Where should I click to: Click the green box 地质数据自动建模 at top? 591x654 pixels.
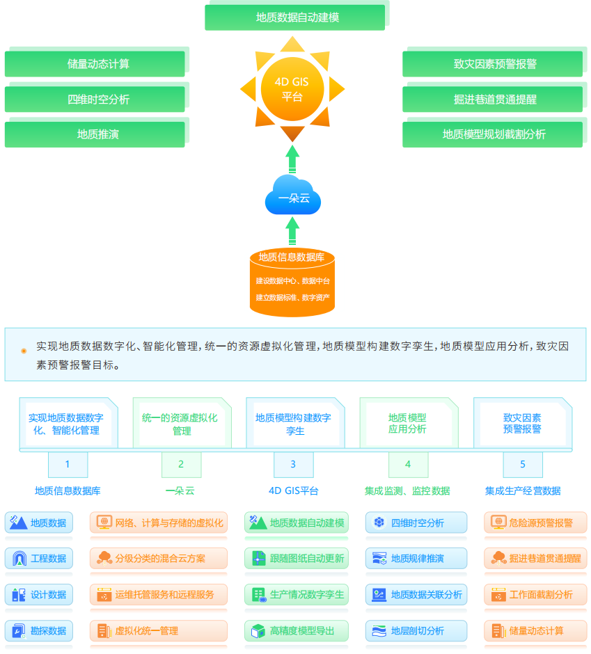(295, 17)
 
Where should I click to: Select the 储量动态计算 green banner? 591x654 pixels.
(95, 64)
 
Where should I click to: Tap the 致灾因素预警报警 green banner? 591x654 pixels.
(493, 64)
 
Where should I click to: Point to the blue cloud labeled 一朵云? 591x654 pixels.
(292, 196)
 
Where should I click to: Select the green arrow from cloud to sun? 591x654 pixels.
(292, 158)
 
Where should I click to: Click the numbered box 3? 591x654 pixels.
(293, 465)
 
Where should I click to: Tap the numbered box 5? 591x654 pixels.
(523, 465)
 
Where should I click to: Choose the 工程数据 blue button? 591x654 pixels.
(39, 558)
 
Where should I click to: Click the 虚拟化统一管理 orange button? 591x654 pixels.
(159, 630)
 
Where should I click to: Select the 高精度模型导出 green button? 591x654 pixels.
(297, 630)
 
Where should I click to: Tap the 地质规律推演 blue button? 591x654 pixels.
(416, 558)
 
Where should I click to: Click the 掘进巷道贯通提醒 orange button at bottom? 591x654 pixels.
(535, 558)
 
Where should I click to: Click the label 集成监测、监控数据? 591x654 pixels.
(407, 490)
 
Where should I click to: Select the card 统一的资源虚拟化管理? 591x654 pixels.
(180, 424)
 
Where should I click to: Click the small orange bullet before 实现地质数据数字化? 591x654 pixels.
(24, 351)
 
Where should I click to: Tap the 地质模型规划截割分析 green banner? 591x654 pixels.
(493, 134)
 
